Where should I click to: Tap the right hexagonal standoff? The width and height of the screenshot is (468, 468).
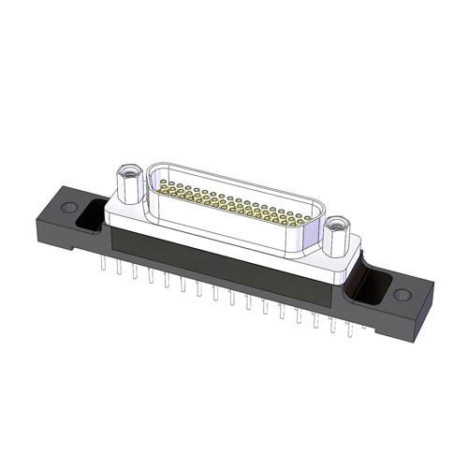335,236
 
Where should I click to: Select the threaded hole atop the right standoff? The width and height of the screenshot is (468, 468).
335,223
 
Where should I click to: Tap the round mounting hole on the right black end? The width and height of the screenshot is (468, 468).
402,295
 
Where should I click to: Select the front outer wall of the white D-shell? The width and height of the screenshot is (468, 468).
234,229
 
